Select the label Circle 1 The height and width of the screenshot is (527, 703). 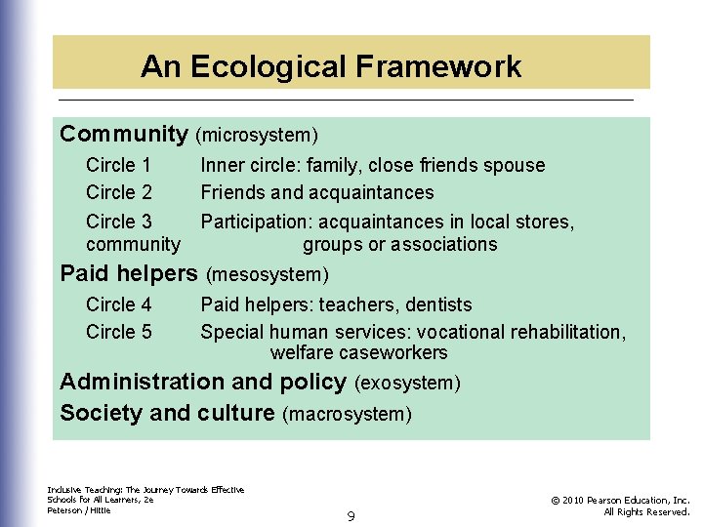click(x=118, y=166)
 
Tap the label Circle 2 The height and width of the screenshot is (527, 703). click(x=118, y=192)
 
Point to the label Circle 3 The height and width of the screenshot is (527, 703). click(x=118, y=222)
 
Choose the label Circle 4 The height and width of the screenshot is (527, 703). click(x=118, y=305)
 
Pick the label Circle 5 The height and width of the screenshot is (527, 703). click(x=118, y=332)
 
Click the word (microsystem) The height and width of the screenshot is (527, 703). click(x=257, y=135)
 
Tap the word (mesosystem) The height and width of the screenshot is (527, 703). click(x=268, y=274)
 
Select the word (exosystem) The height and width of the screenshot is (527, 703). click(x=407, y=384)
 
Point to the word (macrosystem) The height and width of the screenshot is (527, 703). click(x=347, y=415)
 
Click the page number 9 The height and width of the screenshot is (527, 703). click(x=351, y=514)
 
